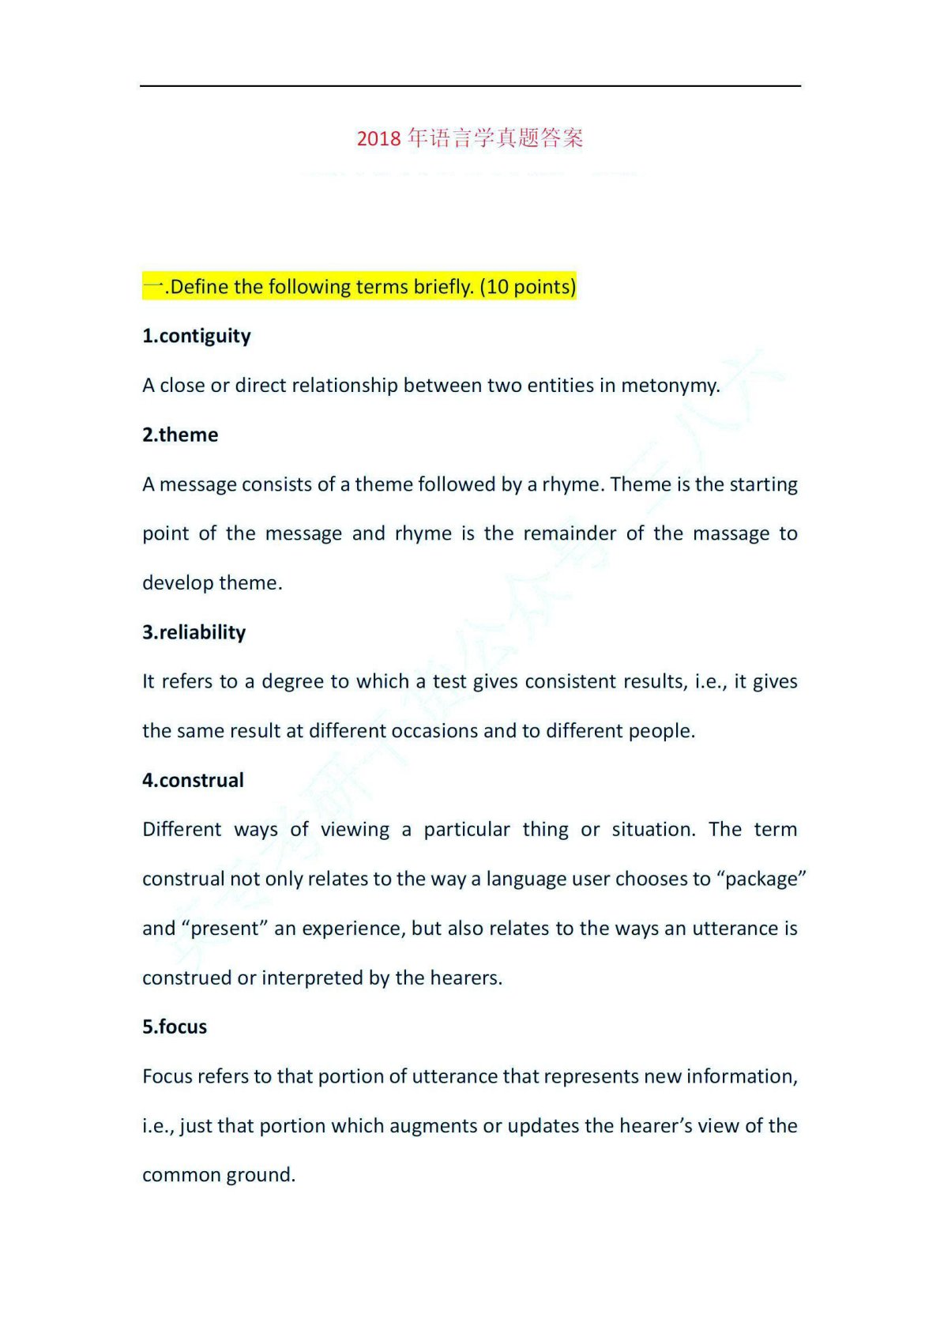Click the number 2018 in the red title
coord(379,139)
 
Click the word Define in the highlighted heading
coord(200,287)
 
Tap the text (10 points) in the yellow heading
coord(528,287)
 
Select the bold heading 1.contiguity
coord(197,336)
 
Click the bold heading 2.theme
coord(180,435)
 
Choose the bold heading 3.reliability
coord(194,632)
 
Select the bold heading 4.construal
coord(193,780)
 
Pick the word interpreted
coord(313,978)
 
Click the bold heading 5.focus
coord(175,1027)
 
